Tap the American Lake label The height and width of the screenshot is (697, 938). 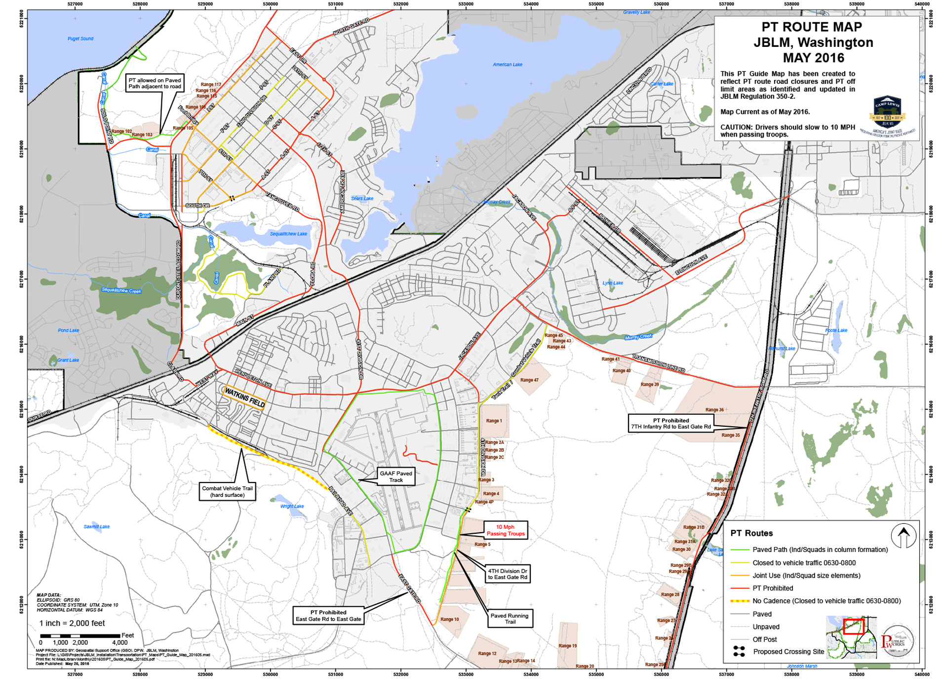pyautogui.click(x=507, y=65)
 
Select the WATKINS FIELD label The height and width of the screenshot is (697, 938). pyautogui.click(x=245, y=398)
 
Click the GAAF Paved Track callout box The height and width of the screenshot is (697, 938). pyautogui.click(x=396, y=477)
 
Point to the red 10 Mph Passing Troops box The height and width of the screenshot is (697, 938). pyautogui.click(x=506, y=530)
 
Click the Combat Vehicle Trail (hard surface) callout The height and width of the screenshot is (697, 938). pyautogui.click(x=227, y=492)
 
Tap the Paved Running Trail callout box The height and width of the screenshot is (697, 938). pyautogui.click(x=509, y=619)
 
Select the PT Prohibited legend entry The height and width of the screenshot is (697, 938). pyautogui.click(x=772, y=588)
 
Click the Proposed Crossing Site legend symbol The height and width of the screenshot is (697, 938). pyautogui.click(x=739, y=652)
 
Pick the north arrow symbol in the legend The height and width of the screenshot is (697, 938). pyautogui.click(x=903, y=536)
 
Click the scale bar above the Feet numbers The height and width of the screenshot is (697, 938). pyautogui.click(x=80, y=636)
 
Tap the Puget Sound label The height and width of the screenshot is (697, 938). pyautogui.click(x=80, y=38)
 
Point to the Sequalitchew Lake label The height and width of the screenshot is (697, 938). pyautogui.click(x=288, y=234)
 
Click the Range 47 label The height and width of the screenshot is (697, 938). pyautogui.click(x=529, y=380)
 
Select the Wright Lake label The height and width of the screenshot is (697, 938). pyautogui.click(x=292, y=506)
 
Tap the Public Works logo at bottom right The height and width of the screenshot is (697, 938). pyautogui.click(x=898, y=641)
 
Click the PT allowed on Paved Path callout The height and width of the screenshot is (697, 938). pyautogui.click(x=155, y=83)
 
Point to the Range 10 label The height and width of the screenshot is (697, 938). pyautogui.click(x=449, y=619)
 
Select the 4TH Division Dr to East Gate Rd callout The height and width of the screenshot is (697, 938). pyautogui.click(x=508, y=574)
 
